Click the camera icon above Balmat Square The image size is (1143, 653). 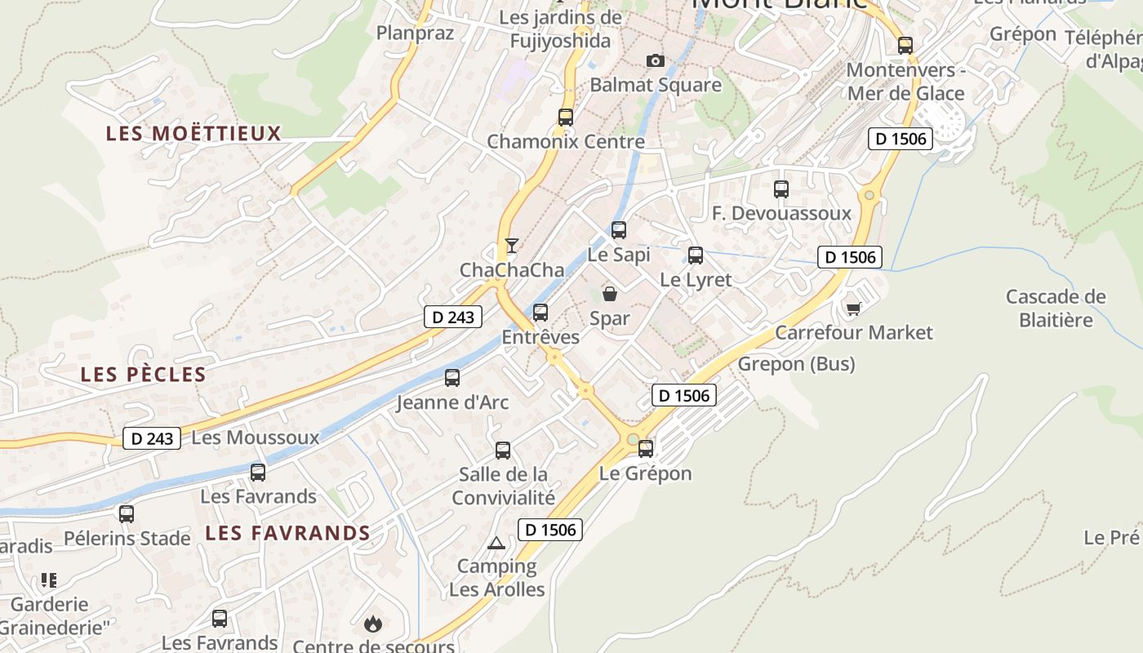coord(655,60)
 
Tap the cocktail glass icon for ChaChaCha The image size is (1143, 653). coord(512,245)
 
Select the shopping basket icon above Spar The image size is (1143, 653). coord(609,294)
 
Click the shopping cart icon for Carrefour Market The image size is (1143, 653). coord(853,308)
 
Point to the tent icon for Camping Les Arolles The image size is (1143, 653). coord(496,543)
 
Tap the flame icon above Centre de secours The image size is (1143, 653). coord(373,624)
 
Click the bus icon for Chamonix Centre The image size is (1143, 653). coord(566,117)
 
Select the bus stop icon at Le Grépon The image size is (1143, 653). coord(646,448)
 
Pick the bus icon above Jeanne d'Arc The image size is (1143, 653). coord(452,378)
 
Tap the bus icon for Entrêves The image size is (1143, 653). coord(540,313)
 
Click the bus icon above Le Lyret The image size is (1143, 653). coord(696,255)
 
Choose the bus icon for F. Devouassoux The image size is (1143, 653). coord(781,189)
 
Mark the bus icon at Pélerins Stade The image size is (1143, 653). coord(127,514)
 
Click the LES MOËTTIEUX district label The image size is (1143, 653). coord(193,133)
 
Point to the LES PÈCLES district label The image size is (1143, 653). coord(143,375)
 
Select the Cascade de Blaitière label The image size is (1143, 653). coord(1056,308)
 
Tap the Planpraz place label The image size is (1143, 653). coord(415,33)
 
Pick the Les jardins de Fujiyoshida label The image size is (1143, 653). coord(560,29)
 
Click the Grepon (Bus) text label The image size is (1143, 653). coord(796,363)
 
